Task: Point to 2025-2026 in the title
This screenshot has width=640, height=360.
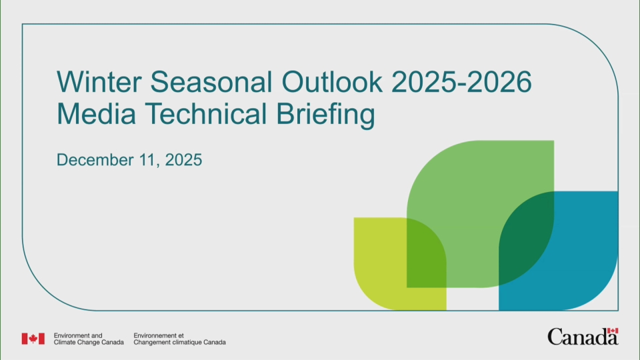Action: pos(461,83)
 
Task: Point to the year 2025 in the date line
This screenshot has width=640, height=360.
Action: pos(183,161)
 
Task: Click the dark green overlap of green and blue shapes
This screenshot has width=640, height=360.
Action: pos(527,233)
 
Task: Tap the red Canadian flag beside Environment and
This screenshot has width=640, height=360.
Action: pos(33,339)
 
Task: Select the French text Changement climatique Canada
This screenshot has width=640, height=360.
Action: pos(179,343)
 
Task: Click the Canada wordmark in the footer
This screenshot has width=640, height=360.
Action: pos(582,337)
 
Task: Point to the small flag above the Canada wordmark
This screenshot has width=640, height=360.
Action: pos(613,330)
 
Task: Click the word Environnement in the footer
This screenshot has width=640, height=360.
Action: pos(155,335)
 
